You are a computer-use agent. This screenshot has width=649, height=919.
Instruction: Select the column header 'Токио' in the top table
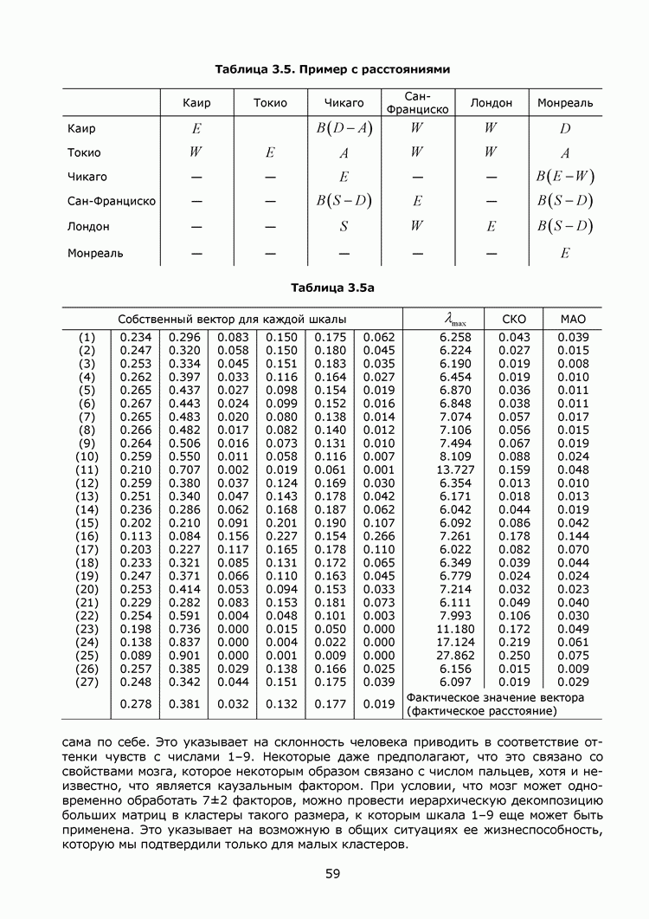(x=270, y=103)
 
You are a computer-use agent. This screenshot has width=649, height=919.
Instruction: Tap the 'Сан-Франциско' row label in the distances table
(x=111, y=202)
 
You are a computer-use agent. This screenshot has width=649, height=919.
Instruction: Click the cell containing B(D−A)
(x=344, y=128)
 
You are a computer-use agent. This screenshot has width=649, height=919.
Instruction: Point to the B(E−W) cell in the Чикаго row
(x=564, y=177)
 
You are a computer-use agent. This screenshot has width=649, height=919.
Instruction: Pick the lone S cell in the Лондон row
(x=344, y=227)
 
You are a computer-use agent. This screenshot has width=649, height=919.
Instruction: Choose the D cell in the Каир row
(x=564, y=128)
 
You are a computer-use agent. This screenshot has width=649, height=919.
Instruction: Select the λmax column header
(x=443, y=320)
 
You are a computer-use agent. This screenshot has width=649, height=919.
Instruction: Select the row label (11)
(x=87, y=469)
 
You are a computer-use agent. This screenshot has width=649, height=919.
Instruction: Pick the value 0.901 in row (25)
(x=183, y=656)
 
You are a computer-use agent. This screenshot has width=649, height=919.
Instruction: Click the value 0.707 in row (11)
(x=183, y=469)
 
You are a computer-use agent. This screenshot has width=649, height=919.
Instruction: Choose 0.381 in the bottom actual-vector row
(x=183, y=704)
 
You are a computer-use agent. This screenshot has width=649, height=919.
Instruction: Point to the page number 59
(x=332, y=873)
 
